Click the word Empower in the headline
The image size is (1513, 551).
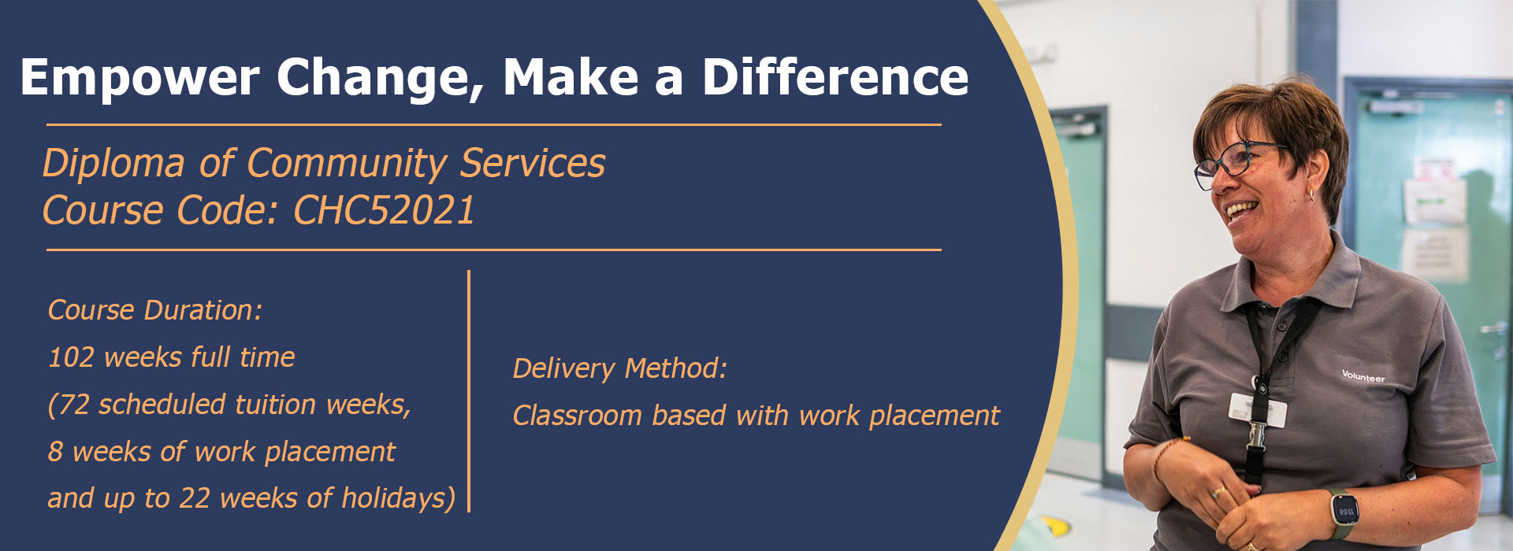tap(139, 77)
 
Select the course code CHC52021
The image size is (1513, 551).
tap(384, 210)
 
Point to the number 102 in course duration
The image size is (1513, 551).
tap(71, 357)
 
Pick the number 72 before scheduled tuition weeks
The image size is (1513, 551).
tap(75, 405)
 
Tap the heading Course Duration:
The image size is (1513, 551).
tap(154, 310)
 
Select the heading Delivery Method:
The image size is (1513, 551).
tap(619, 368)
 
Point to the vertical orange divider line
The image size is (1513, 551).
tap(469, 391)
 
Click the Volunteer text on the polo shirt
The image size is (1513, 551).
tap(1363, 376)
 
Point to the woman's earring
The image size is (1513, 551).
tap(1311, 194)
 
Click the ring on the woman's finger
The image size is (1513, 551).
tap(1218, 493)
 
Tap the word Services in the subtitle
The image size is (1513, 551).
tap(533, 163)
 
